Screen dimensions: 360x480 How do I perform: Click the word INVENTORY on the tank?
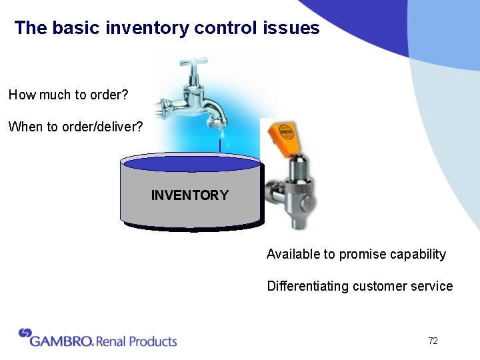pos(189,195)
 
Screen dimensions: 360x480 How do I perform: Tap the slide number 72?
pos(433,341)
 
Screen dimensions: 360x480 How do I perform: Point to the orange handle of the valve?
pos(282,135)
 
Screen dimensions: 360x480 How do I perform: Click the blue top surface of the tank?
pos(191,164)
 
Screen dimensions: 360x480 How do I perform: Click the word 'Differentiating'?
pos(307,286)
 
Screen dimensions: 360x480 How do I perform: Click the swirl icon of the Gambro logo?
pos(25,333)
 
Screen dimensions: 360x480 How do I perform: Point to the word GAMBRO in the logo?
pos(61,341)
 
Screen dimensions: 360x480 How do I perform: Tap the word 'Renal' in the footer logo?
pos(110,341)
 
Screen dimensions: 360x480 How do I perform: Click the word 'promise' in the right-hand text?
pos(360,254)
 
